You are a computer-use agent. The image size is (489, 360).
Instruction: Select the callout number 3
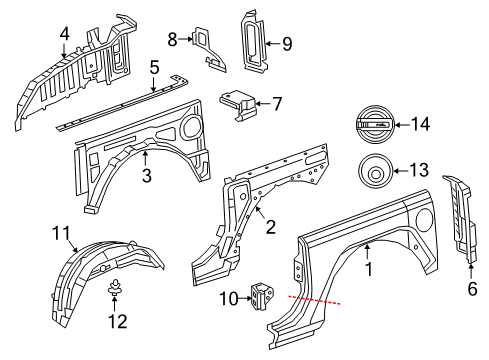point(146,177)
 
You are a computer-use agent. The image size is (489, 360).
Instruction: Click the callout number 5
point(154,68)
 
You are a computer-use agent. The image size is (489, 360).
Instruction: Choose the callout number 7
point(277,102)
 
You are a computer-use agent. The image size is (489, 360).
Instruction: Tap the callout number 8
point(172,39)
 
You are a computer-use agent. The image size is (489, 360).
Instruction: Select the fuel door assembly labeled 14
point(371,124)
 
